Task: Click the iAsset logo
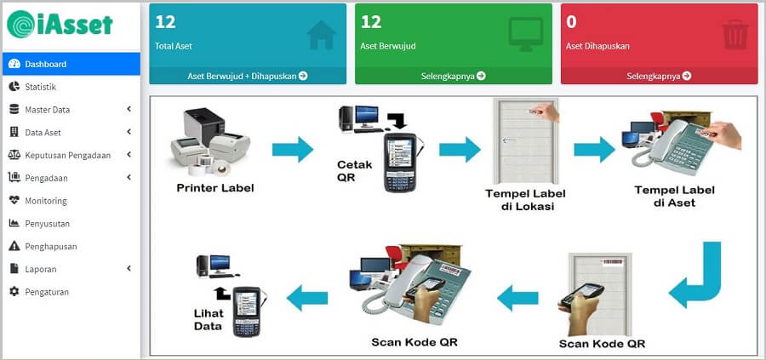click(60, 24)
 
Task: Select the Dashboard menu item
click(45, 64)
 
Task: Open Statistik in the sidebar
click(40, 87)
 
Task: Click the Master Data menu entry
click(47, 110)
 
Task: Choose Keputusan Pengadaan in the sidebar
click(67, 155)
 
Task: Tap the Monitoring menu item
click(45, 201)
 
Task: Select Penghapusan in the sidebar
click(50, 247)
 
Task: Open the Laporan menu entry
click(40, 269)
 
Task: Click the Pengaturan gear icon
click(14, 292)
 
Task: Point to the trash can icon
click(734, 35)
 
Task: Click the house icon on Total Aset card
click(322, 35)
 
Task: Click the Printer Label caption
click(215, 188)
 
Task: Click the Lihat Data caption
click(209, 318)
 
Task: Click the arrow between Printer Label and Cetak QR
click(293, 151)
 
